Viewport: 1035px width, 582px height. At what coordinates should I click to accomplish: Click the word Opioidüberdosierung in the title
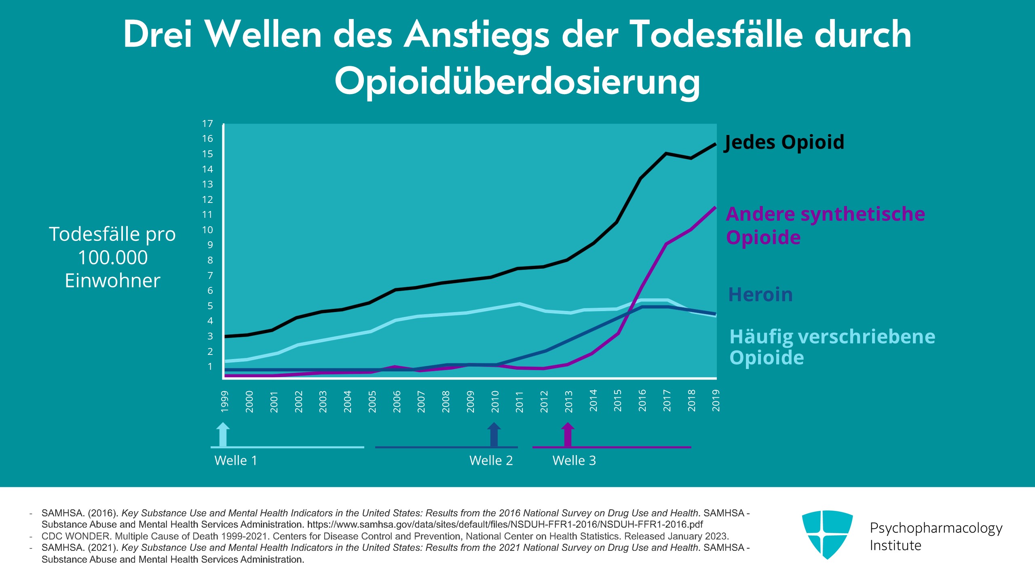(x=517, y=81)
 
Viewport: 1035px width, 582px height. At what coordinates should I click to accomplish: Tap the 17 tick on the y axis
(x=207, y=124)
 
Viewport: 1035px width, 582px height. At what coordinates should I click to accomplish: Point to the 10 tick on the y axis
(x=207, y=230)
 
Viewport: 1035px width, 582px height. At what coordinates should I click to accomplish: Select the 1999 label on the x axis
(x=225, y=401)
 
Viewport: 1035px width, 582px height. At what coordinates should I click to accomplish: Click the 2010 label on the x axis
(x=495, y=401)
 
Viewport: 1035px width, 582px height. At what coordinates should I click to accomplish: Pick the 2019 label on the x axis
(x=716, y=401)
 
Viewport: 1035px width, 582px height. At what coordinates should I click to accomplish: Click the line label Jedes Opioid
(x=784, y=142)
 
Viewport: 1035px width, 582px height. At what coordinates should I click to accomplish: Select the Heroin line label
(x=760, y=294)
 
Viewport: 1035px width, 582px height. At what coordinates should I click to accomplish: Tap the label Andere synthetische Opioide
(x=826, y=226)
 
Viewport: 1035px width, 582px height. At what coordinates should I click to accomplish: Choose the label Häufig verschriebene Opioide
(x=832, y=347)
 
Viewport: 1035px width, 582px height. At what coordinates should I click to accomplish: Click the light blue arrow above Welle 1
(x=223, y=434)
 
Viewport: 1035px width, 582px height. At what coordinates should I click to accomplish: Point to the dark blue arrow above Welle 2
(x=494, y=434)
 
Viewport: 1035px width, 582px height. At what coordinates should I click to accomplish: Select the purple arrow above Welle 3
(x=568, y=434)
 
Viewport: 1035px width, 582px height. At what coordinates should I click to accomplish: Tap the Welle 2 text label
(x=491, y=460)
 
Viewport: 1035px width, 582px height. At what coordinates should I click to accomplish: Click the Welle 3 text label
(x=574, y=460)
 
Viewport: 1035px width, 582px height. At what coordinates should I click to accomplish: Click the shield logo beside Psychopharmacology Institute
(x=827, y=534)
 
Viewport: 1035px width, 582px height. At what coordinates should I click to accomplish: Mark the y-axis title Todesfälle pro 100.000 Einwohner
(x=112, y=257)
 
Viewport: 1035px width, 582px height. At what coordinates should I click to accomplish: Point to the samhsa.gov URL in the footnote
(x=505, y=525)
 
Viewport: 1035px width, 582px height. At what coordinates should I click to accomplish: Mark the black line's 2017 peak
(x=666, y=154)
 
